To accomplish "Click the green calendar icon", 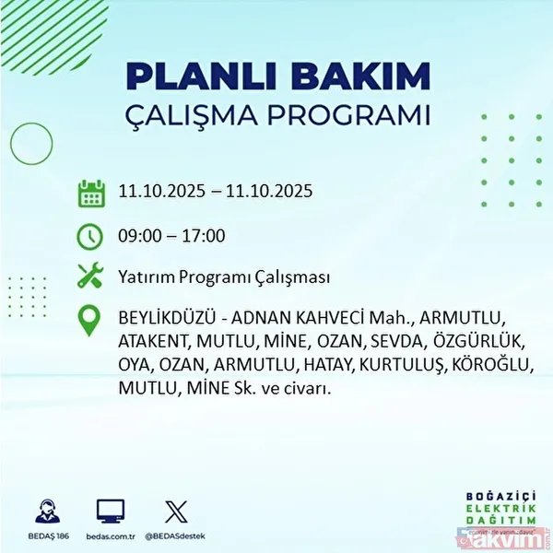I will click(90, 194).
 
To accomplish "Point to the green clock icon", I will click(90, 236).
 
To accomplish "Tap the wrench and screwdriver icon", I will click(90, 276).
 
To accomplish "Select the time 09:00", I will click(141, 236).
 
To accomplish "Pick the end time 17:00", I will click(203, 236).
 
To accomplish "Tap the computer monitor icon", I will click(110, 511).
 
